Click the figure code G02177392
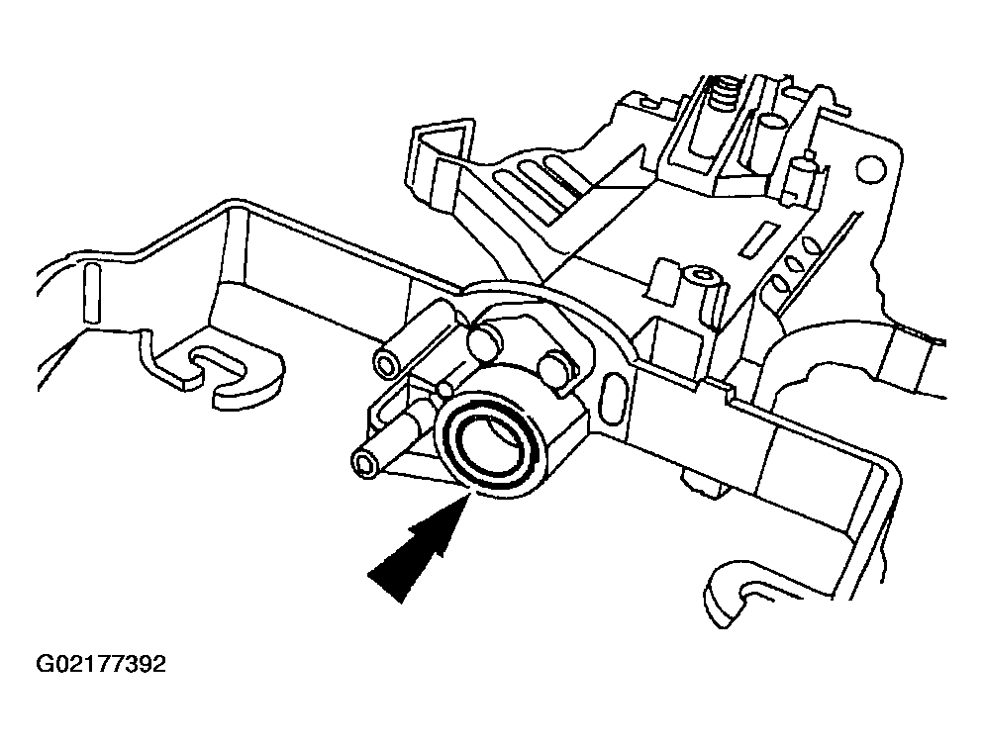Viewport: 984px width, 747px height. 101,664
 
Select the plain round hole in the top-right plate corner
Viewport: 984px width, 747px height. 871,167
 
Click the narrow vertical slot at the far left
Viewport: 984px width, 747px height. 92,293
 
